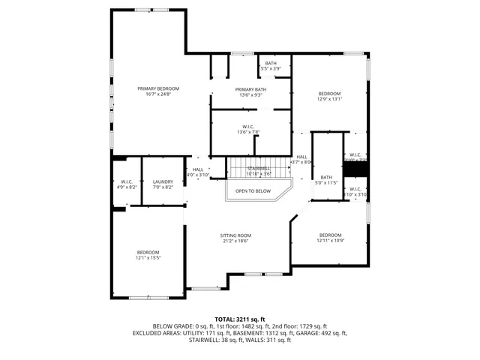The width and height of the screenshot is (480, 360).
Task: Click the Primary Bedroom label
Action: [x=158, y=88]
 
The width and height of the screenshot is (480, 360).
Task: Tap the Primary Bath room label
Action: [x=250, y=88]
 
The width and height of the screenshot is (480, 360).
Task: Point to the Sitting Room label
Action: [x=235, y=235]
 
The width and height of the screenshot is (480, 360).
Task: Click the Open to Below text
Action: [x=253, y=191]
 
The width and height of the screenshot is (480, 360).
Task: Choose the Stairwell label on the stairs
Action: [x=259, y=168]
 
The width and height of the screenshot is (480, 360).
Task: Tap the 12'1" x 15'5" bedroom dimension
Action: [x=148, y=258]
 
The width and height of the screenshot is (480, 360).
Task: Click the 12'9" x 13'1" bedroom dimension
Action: [x=329, y=99]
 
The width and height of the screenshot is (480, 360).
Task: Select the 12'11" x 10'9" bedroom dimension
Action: [x=329, y=241]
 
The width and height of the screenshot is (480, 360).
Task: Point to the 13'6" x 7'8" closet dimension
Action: [x=248, y=133]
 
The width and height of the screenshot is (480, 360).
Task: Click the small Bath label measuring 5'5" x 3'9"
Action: [x=271, y=64]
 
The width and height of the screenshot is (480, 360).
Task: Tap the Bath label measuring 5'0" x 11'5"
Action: [x=326, y=176]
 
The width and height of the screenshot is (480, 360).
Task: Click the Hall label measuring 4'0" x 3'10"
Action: [x=198, y=169]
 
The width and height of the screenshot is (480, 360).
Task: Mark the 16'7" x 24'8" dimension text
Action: [x=158, y=94]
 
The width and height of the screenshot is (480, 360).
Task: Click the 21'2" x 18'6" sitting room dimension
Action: [x=235, y=241]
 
